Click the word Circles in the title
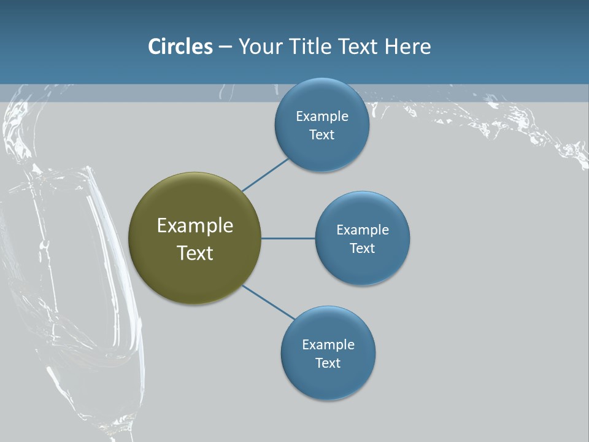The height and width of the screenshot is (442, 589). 180,47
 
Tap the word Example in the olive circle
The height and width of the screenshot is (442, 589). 194,226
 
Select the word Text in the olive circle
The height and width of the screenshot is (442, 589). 194,253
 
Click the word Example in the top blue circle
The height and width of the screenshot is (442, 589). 321,117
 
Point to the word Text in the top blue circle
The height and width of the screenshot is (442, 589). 321,135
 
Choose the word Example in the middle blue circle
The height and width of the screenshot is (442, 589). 362,230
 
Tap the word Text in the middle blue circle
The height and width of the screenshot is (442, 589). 362,249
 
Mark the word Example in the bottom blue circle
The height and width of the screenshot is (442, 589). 328,345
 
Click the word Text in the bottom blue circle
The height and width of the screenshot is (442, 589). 328,363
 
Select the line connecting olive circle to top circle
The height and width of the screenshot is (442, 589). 265,175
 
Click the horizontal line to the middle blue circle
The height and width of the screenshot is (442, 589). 288,238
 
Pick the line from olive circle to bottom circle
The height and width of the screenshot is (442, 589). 269,302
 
